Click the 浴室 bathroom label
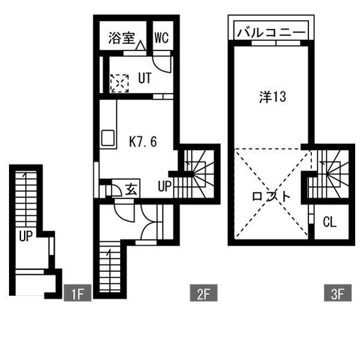121,38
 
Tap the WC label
161,39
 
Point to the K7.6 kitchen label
143,142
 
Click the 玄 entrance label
132,189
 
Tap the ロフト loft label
271,197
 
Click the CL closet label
329,222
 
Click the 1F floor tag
76,294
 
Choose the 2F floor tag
203,294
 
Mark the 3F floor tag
337,294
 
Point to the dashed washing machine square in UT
119,82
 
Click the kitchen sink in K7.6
107,139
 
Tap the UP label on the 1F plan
25,236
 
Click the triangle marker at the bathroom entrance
140,46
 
